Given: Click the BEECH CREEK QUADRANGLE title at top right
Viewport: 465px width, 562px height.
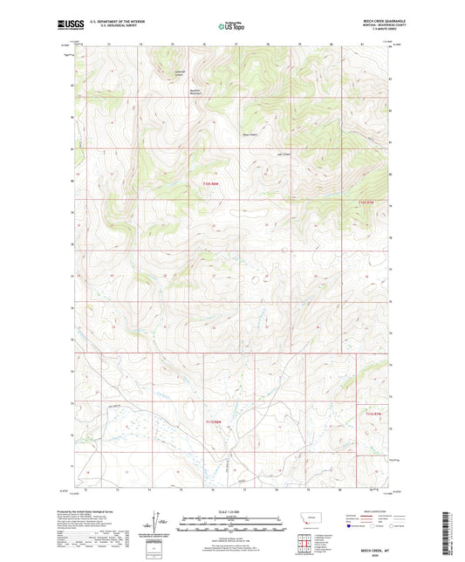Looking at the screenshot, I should click(375, 20).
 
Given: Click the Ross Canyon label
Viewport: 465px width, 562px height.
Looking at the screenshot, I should click(250, 134).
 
